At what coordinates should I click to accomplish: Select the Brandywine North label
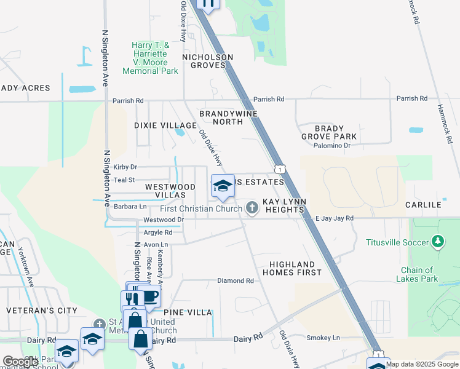coord(228,117)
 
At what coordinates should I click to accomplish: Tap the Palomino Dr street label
coord(330,146)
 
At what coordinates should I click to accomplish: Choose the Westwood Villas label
coord(166,191)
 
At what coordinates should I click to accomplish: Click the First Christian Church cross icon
coord(252,208)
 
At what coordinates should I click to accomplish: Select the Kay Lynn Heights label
coord(284,205)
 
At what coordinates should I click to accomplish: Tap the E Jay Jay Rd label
coord(334,218)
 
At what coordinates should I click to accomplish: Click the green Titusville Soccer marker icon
coord(438,242)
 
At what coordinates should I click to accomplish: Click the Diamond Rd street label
coord(236,280)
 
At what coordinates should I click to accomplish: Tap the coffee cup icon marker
coord(149,296)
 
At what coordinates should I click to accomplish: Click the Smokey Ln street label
coord(323,338)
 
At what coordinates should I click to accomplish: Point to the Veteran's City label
coord(42,311)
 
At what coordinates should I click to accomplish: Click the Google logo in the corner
coord(21,361)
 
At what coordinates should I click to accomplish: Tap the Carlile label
coord(423,204)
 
